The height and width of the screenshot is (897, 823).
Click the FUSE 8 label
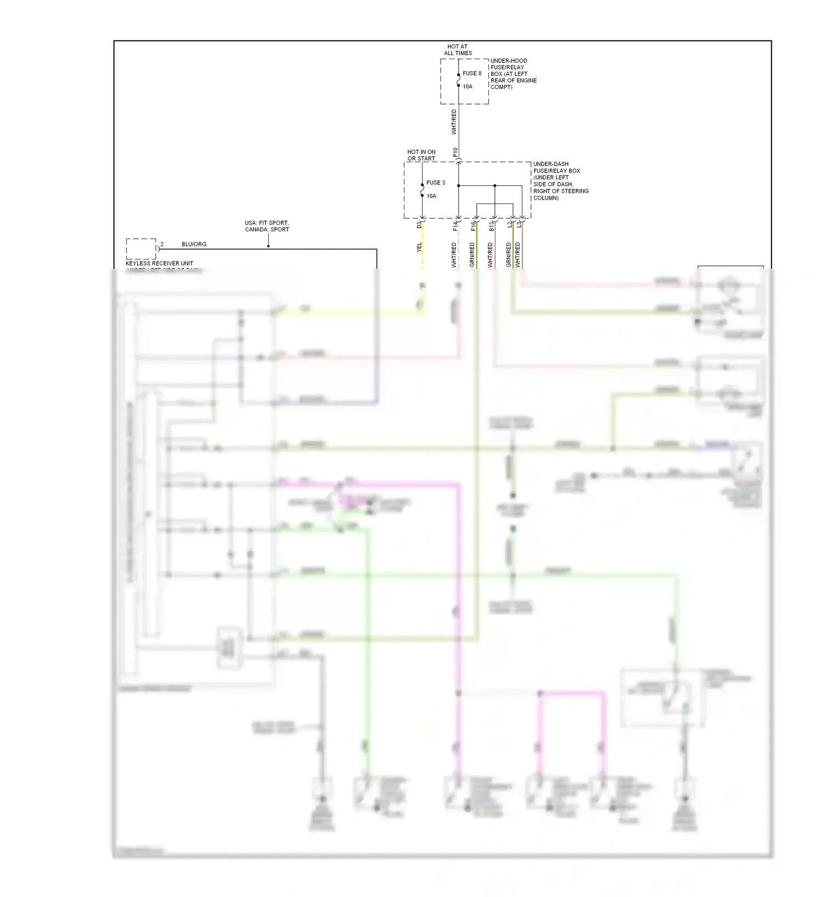click(471, 73)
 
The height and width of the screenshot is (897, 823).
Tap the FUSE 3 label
click(436, 183)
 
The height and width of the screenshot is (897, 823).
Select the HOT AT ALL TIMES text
click(458, 50)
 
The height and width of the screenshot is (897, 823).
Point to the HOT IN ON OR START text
click(421, 155)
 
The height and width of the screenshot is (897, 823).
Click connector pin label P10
click(455, 152)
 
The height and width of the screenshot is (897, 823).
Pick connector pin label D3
click(419, 225)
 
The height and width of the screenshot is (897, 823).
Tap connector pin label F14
click(455, 225)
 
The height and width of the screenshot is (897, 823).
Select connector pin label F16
click(473, 225)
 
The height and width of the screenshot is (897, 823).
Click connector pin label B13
click(491, 225)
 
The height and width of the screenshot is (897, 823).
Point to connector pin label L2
click(509, 224)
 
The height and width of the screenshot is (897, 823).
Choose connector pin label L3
click(518, 224)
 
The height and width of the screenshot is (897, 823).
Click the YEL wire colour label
click(419, 247)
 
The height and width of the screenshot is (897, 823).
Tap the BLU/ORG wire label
click(194, 244)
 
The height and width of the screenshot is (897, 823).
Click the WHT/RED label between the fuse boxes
click(454, 122)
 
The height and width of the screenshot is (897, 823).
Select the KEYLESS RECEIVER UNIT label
click(159, 263)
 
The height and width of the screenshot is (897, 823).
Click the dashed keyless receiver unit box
click(141, 249)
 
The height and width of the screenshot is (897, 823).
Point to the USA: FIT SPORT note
click(267, 223)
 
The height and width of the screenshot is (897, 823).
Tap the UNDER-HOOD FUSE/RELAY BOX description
click(513, 73)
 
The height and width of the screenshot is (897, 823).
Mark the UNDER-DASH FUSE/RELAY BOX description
click(560, 181)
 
